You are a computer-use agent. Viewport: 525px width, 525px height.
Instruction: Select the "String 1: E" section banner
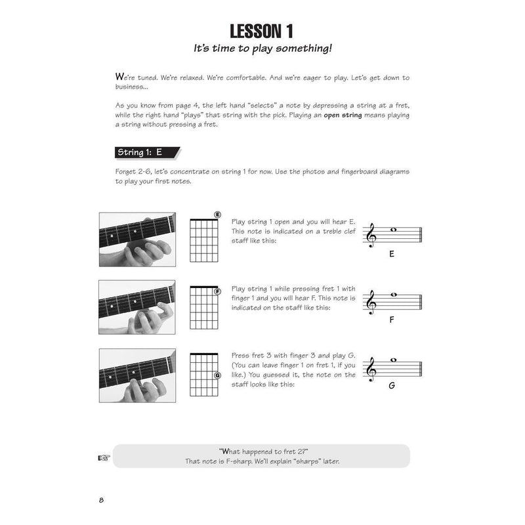click(139, 152)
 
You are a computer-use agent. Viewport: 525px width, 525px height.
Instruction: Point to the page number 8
click(102, 502)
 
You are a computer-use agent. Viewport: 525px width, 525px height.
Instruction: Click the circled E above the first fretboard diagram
click(217, 215)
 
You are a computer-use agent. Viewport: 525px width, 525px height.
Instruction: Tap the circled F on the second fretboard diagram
click(217, 291)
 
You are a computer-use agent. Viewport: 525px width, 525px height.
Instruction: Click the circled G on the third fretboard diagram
click(217, 375)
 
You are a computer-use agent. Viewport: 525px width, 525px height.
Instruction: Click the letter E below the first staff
click(391, 253)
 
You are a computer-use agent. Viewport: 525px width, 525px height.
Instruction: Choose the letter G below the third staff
click(391, 385)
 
